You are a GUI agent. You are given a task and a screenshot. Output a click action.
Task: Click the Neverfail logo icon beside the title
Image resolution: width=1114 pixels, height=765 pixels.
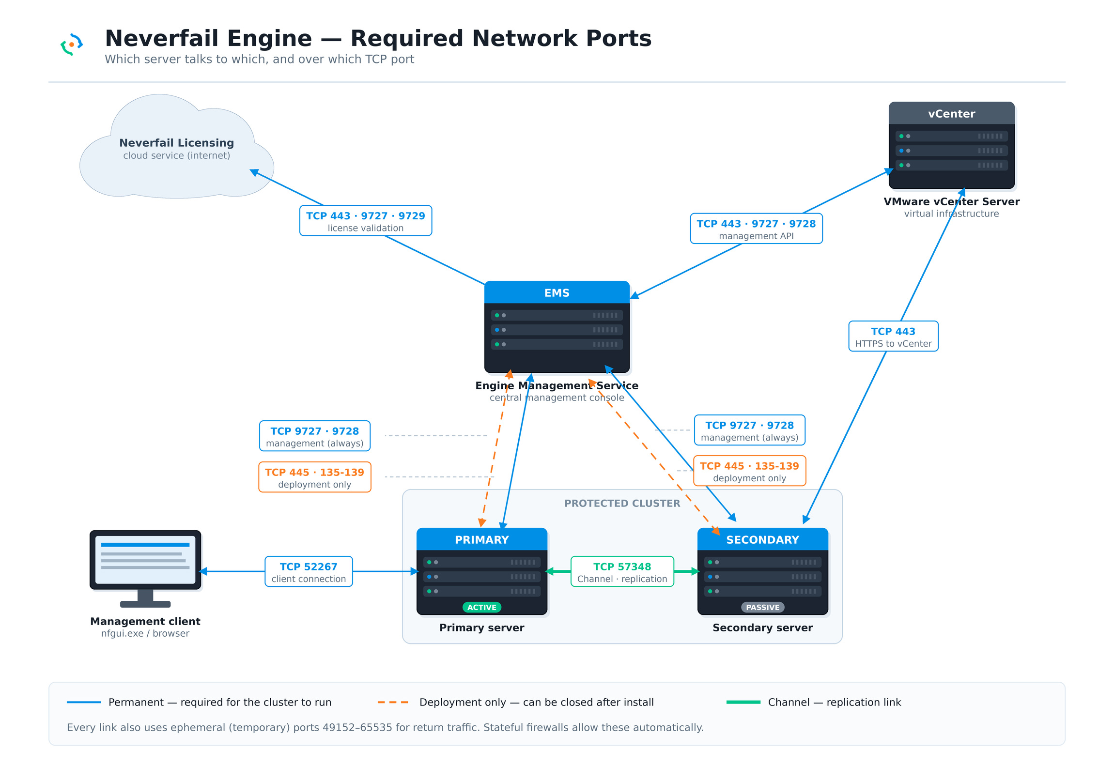[x=72, y=45]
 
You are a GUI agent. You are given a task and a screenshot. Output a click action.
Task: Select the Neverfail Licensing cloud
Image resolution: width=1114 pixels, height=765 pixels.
[x=177, y=148]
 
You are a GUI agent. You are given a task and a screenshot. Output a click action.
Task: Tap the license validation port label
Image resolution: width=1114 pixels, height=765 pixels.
[x=366, y=221]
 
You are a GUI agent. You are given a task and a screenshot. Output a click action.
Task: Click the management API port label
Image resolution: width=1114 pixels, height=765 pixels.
[x=756, y=229]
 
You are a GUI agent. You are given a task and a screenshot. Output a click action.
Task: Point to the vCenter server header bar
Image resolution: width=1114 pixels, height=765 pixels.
[x=951, y=113]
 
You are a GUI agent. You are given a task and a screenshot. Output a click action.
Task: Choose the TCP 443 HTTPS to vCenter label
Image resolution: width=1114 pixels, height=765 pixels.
[x=893, y=336]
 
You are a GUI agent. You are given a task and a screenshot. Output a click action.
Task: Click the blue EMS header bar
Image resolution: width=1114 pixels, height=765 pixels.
[x=557, y=292]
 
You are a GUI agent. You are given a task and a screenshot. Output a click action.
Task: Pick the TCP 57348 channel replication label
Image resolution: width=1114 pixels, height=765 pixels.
[x=622, y=571]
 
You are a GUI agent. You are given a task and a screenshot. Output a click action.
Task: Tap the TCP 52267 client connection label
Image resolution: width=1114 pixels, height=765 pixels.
[x=309, y=571]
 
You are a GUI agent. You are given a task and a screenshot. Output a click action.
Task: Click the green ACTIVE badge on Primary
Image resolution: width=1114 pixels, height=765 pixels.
[x=482, y=607]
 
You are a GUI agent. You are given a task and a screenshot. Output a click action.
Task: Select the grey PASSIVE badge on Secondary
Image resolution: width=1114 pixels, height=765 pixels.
[x=763, y=607]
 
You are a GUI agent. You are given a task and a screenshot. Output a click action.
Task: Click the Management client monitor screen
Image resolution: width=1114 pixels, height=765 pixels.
[x=145, y=560]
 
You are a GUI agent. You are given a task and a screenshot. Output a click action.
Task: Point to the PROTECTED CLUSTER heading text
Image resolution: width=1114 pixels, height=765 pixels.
[x=622, y=504]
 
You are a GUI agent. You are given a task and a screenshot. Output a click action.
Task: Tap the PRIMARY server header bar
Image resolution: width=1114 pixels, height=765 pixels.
[x=482, y=539]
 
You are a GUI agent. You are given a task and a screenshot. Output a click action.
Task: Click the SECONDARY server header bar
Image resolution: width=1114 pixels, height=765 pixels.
[x=763, y=539]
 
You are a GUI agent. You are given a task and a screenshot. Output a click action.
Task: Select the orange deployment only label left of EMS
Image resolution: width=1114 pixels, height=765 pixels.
[x=315, y=477]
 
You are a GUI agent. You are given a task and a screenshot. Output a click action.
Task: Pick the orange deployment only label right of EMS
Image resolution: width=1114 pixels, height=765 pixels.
[x=750, y=471]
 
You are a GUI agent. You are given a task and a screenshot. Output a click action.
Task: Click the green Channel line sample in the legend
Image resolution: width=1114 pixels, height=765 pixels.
[x=743, y=702]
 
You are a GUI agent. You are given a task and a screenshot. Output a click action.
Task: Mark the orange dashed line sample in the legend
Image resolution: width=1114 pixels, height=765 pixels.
[x=393, y=702]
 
